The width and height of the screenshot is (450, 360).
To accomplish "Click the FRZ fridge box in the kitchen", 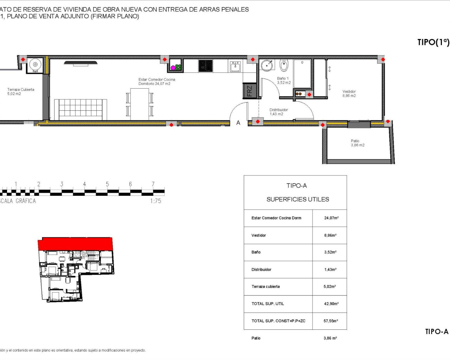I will click(249, 91).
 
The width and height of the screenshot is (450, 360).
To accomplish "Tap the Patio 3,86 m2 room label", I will click(358, 143).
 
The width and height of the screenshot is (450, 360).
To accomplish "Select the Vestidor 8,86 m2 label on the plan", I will click(349, 94).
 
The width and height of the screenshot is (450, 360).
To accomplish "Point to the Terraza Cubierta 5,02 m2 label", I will click(21, 92).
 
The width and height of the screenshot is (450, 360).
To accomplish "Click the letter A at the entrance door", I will click(238, 123).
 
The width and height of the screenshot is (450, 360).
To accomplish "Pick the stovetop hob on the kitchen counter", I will click(205, 66).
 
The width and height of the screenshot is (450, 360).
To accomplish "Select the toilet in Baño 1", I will click(284, 65).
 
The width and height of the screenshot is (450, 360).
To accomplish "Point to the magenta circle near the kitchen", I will click(173, 67).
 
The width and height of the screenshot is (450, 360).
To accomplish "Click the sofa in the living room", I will click(81, 109).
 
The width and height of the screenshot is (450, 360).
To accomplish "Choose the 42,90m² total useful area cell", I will click(331, 304).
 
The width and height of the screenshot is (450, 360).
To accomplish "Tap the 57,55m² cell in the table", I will click(331, 321).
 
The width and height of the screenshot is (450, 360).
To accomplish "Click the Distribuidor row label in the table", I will click(261, 270).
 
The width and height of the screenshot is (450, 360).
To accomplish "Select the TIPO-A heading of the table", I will click(296, 186).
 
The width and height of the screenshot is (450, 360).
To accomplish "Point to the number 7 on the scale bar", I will click(153, 184).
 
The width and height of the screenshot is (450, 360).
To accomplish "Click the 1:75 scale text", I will click(155, 201).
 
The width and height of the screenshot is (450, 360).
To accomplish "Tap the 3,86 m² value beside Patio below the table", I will click(330, 338).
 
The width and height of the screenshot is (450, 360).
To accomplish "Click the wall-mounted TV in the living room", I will click(81, 63).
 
